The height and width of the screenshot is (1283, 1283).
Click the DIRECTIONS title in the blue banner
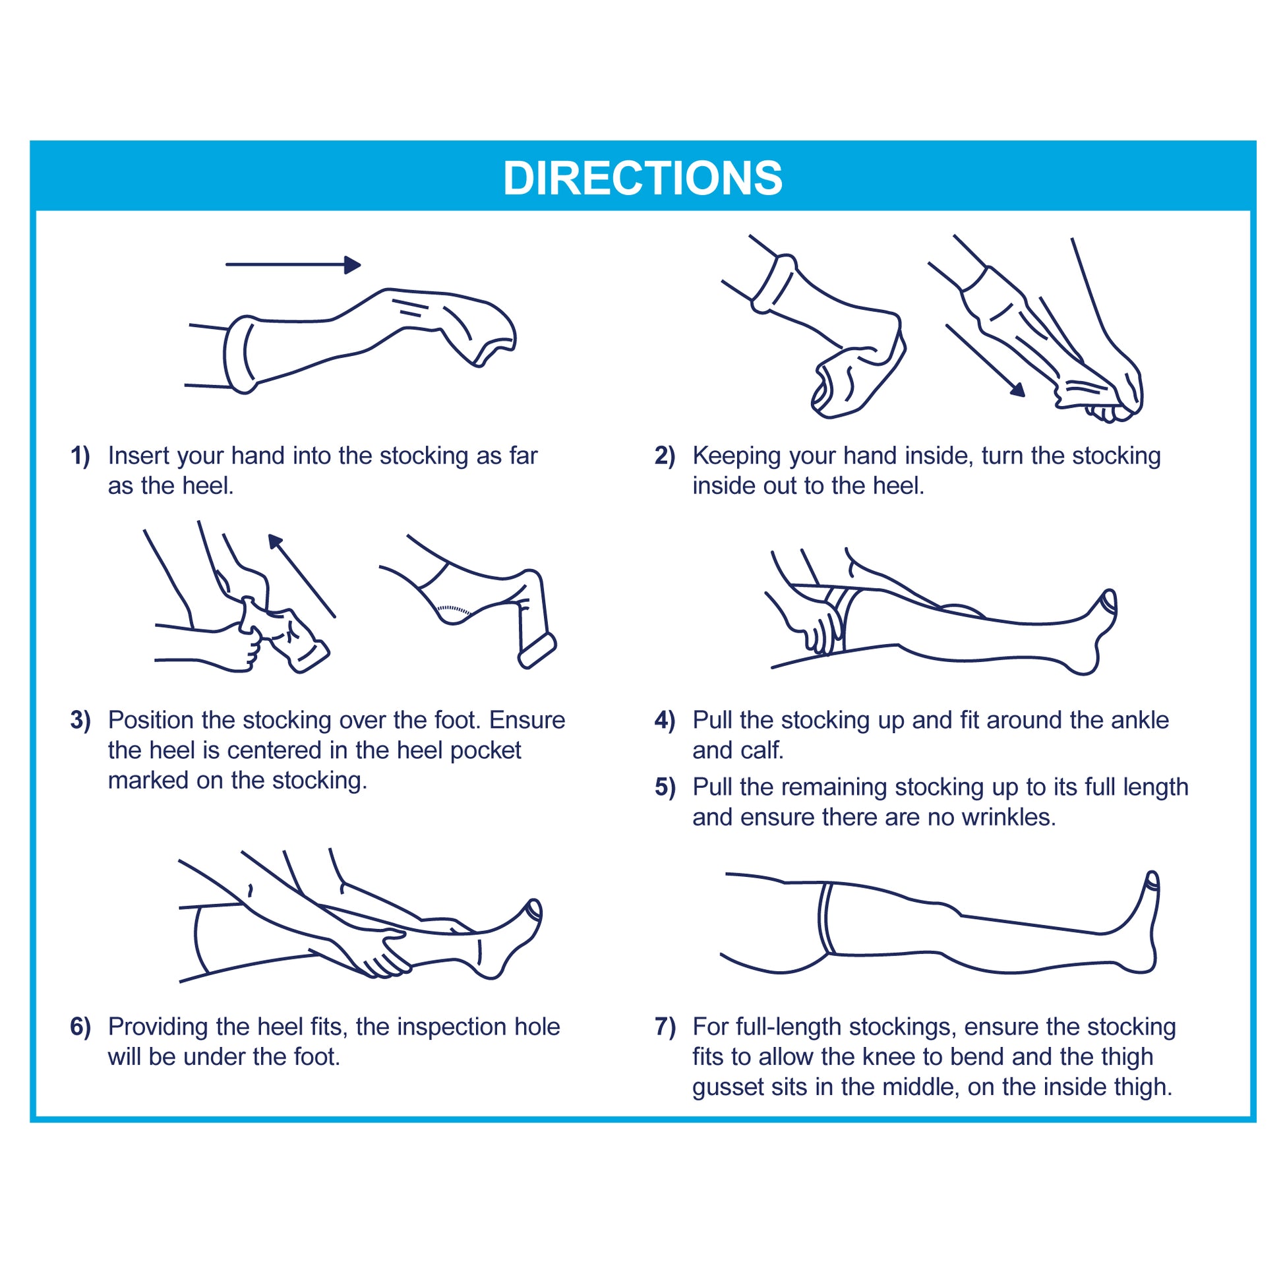[x=642, y=178]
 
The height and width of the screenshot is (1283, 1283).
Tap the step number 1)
[x=80, y=456]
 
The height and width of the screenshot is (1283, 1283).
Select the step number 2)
[x=665, y=456]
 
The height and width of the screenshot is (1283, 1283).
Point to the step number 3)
[x=80, y=720]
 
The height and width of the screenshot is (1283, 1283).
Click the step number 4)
[x=665, y=720]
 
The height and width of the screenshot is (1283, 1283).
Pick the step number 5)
[x=665, y=787]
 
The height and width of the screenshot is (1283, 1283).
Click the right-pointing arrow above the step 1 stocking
[x=293, y=265]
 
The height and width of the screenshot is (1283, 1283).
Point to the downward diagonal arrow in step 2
[x=985, y=361]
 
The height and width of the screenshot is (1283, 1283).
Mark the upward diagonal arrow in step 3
[x=301, y=576]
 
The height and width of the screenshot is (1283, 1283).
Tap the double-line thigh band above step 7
[x=825, y=918]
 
